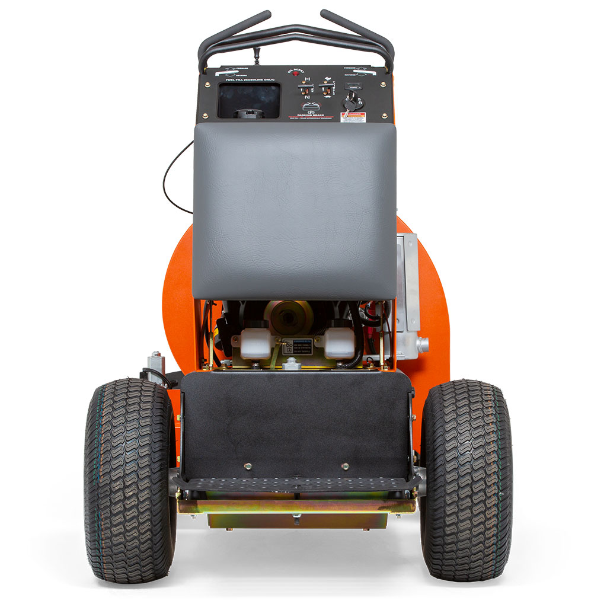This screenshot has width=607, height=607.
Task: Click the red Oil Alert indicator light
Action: (295, 74)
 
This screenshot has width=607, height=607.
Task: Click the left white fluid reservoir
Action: (255, 340)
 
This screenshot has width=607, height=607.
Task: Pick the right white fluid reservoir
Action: (338, 340)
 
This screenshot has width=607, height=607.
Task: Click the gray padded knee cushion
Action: (295, 210)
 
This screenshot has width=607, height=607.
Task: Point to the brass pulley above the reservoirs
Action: (295, 314)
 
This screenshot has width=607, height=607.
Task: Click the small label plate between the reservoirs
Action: (297, 346)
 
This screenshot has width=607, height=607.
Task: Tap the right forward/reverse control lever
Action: (360, 72)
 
